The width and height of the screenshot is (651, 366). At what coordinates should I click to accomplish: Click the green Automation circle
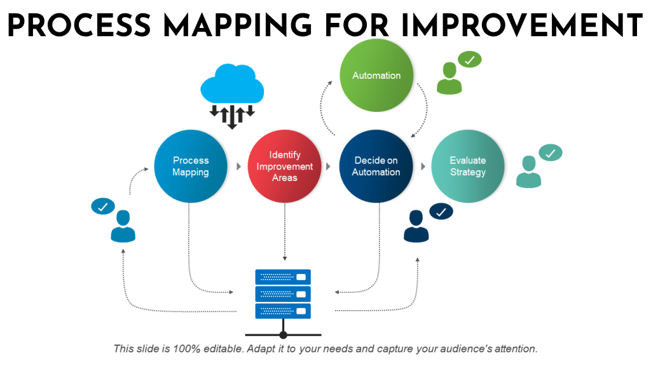pyautogui.click(x=376, y=75)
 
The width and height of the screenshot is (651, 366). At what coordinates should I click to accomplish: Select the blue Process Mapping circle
pyautogui.click(x=191, y=166)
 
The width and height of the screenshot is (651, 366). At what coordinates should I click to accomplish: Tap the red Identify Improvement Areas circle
pyautogui.click(x=284, y=166)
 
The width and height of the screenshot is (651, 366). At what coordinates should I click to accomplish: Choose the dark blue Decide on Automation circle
pyautogui.click(x=376, y=166)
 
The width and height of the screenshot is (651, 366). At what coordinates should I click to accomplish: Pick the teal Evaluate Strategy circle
pyautogui.click(x=468, y=166)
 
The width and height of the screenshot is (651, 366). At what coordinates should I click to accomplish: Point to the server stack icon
pyautogui.click(x=283, y=294)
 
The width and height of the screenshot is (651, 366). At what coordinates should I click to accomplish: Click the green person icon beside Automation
pyautogui.click(x=449, y=79)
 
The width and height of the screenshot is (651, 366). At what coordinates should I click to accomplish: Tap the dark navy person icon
pyautogui.click(x=416, y=227)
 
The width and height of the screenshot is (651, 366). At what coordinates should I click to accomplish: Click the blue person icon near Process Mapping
pyautogui.click(x=123, y=227)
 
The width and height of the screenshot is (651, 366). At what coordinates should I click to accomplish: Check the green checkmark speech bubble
pyautogui.click(x=470, y=60)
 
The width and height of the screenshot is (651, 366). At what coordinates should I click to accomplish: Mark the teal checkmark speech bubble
pyautogui.click(x=550, y=152)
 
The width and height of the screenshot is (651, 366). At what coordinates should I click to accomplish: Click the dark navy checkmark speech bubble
pyautogui.click(x=441, y=212)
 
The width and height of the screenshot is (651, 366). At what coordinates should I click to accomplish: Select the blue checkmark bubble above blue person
pyautogui.click(x=103, y=206)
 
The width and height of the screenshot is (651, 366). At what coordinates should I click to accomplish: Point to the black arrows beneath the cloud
pyautogui.click(x=232, y=115)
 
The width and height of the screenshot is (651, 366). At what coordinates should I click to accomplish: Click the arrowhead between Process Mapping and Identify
pyautogui.click(x=238, y=166)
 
